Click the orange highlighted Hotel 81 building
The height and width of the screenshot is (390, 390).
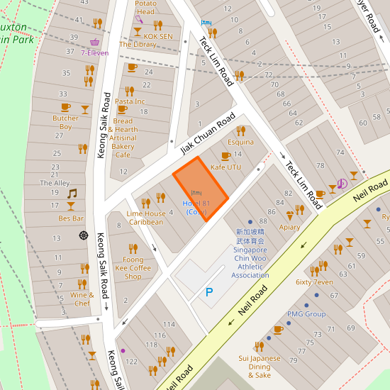pos(200,189)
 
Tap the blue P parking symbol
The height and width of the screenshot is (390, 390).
pos(208,291)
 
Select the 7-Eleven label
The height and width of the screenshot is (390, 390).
pos(94,52)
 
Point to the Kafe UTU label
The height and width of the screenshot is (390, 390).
pos(225,167)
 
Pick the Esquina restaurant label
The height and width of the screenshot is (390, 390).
pos(240,142)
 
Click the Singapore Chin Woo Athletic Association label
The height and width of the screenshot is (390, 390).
pos(250,253)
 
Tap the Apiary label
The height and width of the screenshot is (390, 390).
pos(289,227)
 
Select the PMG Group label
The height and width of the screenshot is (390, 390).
pos(306,313)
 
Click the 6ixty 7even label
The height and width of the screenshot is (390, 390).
pos(313,282)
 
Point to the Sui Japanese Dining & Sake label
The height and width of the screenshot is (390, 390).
pos(260,367)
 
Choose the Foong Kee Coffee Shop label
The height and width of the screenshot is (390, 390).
pos(133,268)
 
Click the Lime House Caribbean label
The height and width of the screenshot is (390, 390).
pos(145,218)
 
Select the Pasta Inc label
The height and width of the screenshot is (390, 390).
pos(130,101)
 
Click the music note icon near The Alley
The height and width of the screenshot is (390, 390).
pos(71,193)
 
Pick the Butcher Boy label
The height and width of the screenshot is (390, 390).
pos(65,123)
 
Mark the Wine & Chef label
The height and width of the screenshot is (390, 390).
pos(82,299)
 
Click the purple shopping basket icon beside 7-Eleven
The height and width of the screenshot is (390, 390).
pos(96,42)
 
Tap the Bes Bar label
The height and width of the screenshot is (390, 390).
pos(71,218)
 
